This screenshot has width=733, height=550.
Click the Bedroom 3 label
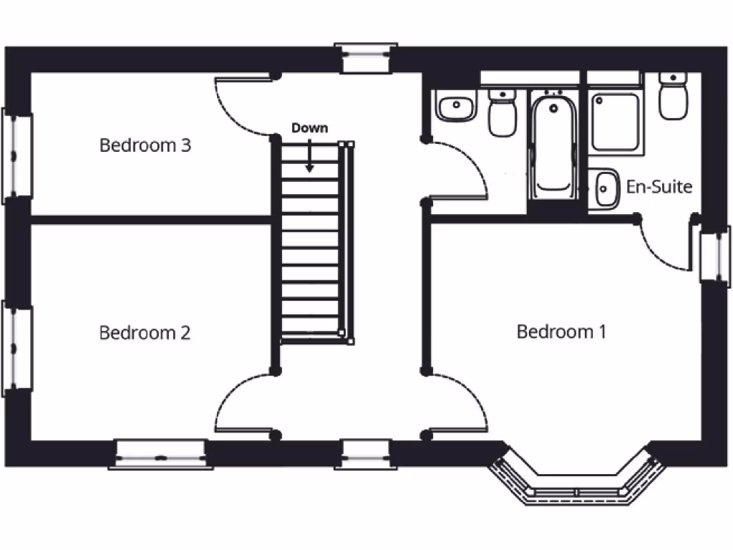[x=145, y=145]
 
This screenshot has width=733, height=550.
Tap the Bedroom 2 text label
[x=145, y=333]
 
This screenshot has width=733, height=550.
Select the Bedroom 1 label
[x=561, y=332]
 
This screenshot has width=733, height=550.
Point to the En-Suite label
[x=659, y=187]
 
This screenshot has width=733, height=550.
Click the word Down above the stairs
[x=309, y=128]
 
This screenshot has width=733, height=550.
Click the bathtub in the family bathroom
[x=555, y=147]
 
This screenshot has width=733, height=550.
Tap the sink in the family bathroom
[x=455, y=108]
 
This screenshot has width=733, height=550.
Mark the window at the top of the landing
[x=366, y=58]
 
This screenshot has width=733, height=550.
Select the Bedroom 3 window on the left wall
[x=16, y=155]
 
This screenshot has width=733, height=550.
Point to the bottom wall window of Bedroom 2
[x=160, y=455]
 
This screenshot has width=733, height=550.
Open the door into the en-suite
[x=662, y=247]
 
